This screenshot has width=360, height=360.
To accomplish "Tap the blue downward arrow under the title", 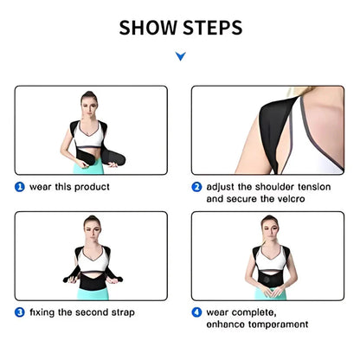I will (x=180, y=57).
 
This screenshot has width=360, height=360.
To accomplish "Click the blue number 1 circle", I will (x=18, y=186).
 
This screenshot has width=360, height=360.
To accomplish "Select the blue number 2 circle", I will (x=197, y=186).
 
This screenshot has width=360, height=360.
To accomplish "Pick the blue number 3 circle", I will (x=18, y=312).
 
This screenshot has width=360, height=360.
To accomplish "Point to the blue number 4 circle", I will (x=197, y=312).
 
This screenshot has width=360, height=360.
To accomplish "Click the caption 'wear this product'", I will (x=68, y=186).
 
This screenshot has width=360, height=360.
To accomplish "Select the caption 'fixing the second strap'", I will (x=81, y=312).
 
